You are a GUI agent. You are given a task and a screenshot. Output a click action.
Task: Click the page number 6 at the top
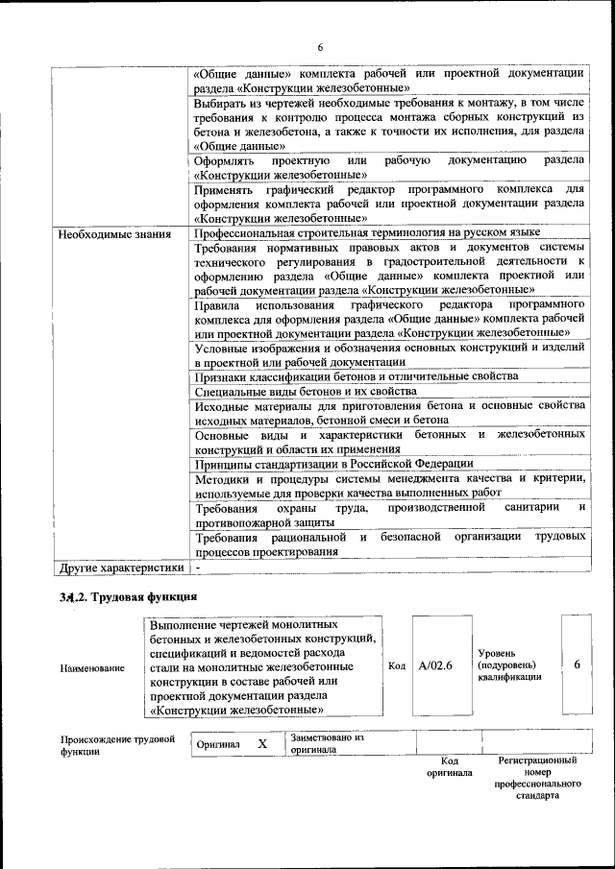320,48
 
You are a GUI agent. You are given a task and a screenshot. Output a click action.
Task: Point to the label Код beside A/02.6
396,664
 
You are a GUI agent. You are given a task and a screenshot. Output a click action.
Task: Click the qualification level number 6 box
576,664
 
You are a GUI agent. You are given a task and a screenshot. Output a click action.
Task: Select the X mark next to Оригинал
261,744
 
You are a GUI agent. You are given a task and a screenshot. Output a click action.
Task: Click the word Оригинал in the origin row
218,744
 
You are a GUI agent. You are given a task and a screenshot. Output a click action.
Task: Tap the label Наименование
92,666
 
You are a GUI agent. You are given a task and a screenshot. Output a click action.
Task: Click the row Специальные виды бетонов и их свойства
305,392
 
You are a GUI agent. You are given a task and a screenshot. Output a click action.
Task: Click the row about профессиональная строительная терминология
366,233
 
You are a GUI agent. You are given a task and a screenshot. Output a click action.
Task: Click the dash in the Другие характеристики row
197,567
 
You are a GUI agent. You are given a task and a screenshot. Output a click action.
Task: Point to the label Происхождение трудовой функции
117,746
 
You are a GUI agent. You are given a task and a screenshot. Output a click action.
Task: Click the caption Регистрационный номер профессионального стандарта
537,778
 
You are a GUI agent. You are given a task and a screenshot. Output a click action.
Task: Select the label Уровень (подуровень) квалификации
508,664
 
